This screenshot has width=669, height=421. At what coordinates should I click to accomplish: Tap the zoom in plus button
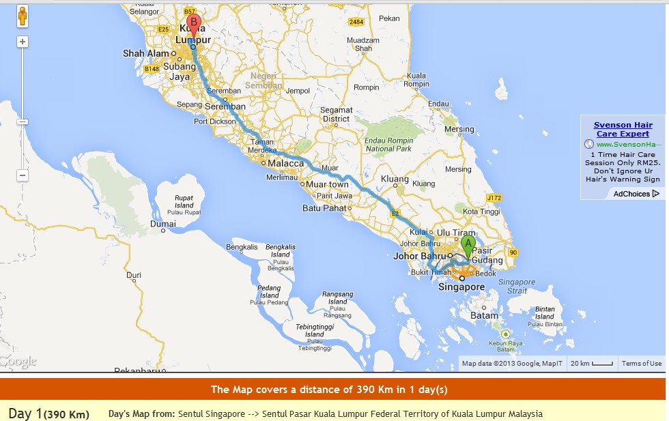pos(23,42)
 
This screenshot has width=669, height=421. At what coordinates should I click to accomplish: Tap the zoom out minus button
pos(23,175)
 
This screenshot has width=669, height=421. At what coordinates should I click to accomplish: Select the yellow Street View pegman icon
pos(23,16)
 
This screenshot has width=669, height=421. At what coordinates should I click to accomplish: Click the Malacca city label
pos(285,164)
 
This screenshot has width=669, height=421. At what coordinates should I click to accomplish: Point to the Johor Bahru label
pos(418,257)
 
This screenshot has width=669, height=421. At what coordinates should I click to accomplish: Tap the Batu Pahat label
pos(321,208)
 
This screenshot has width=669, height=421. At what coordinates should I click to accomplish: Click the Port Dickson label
pos(214,121)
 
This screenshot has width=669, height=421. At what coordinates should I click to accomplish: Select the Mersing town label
pos(459,129)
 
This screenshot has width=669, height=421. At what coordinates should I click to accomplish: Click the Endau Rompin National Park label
pos(389,144)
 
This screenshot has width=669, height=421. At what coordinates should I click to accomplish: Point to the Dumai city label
pos(163,223)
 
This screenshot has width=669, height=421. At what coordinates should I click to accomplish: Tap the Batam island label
pos(485,316)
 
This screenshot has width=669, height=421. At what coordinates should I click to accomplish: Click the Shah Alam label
pos(144,53)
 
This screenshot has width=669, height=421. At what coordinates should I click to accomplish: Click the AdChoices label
pos(631,194)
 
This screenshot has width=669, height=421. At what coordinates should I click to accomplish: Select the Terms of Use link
pos(641,364)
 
